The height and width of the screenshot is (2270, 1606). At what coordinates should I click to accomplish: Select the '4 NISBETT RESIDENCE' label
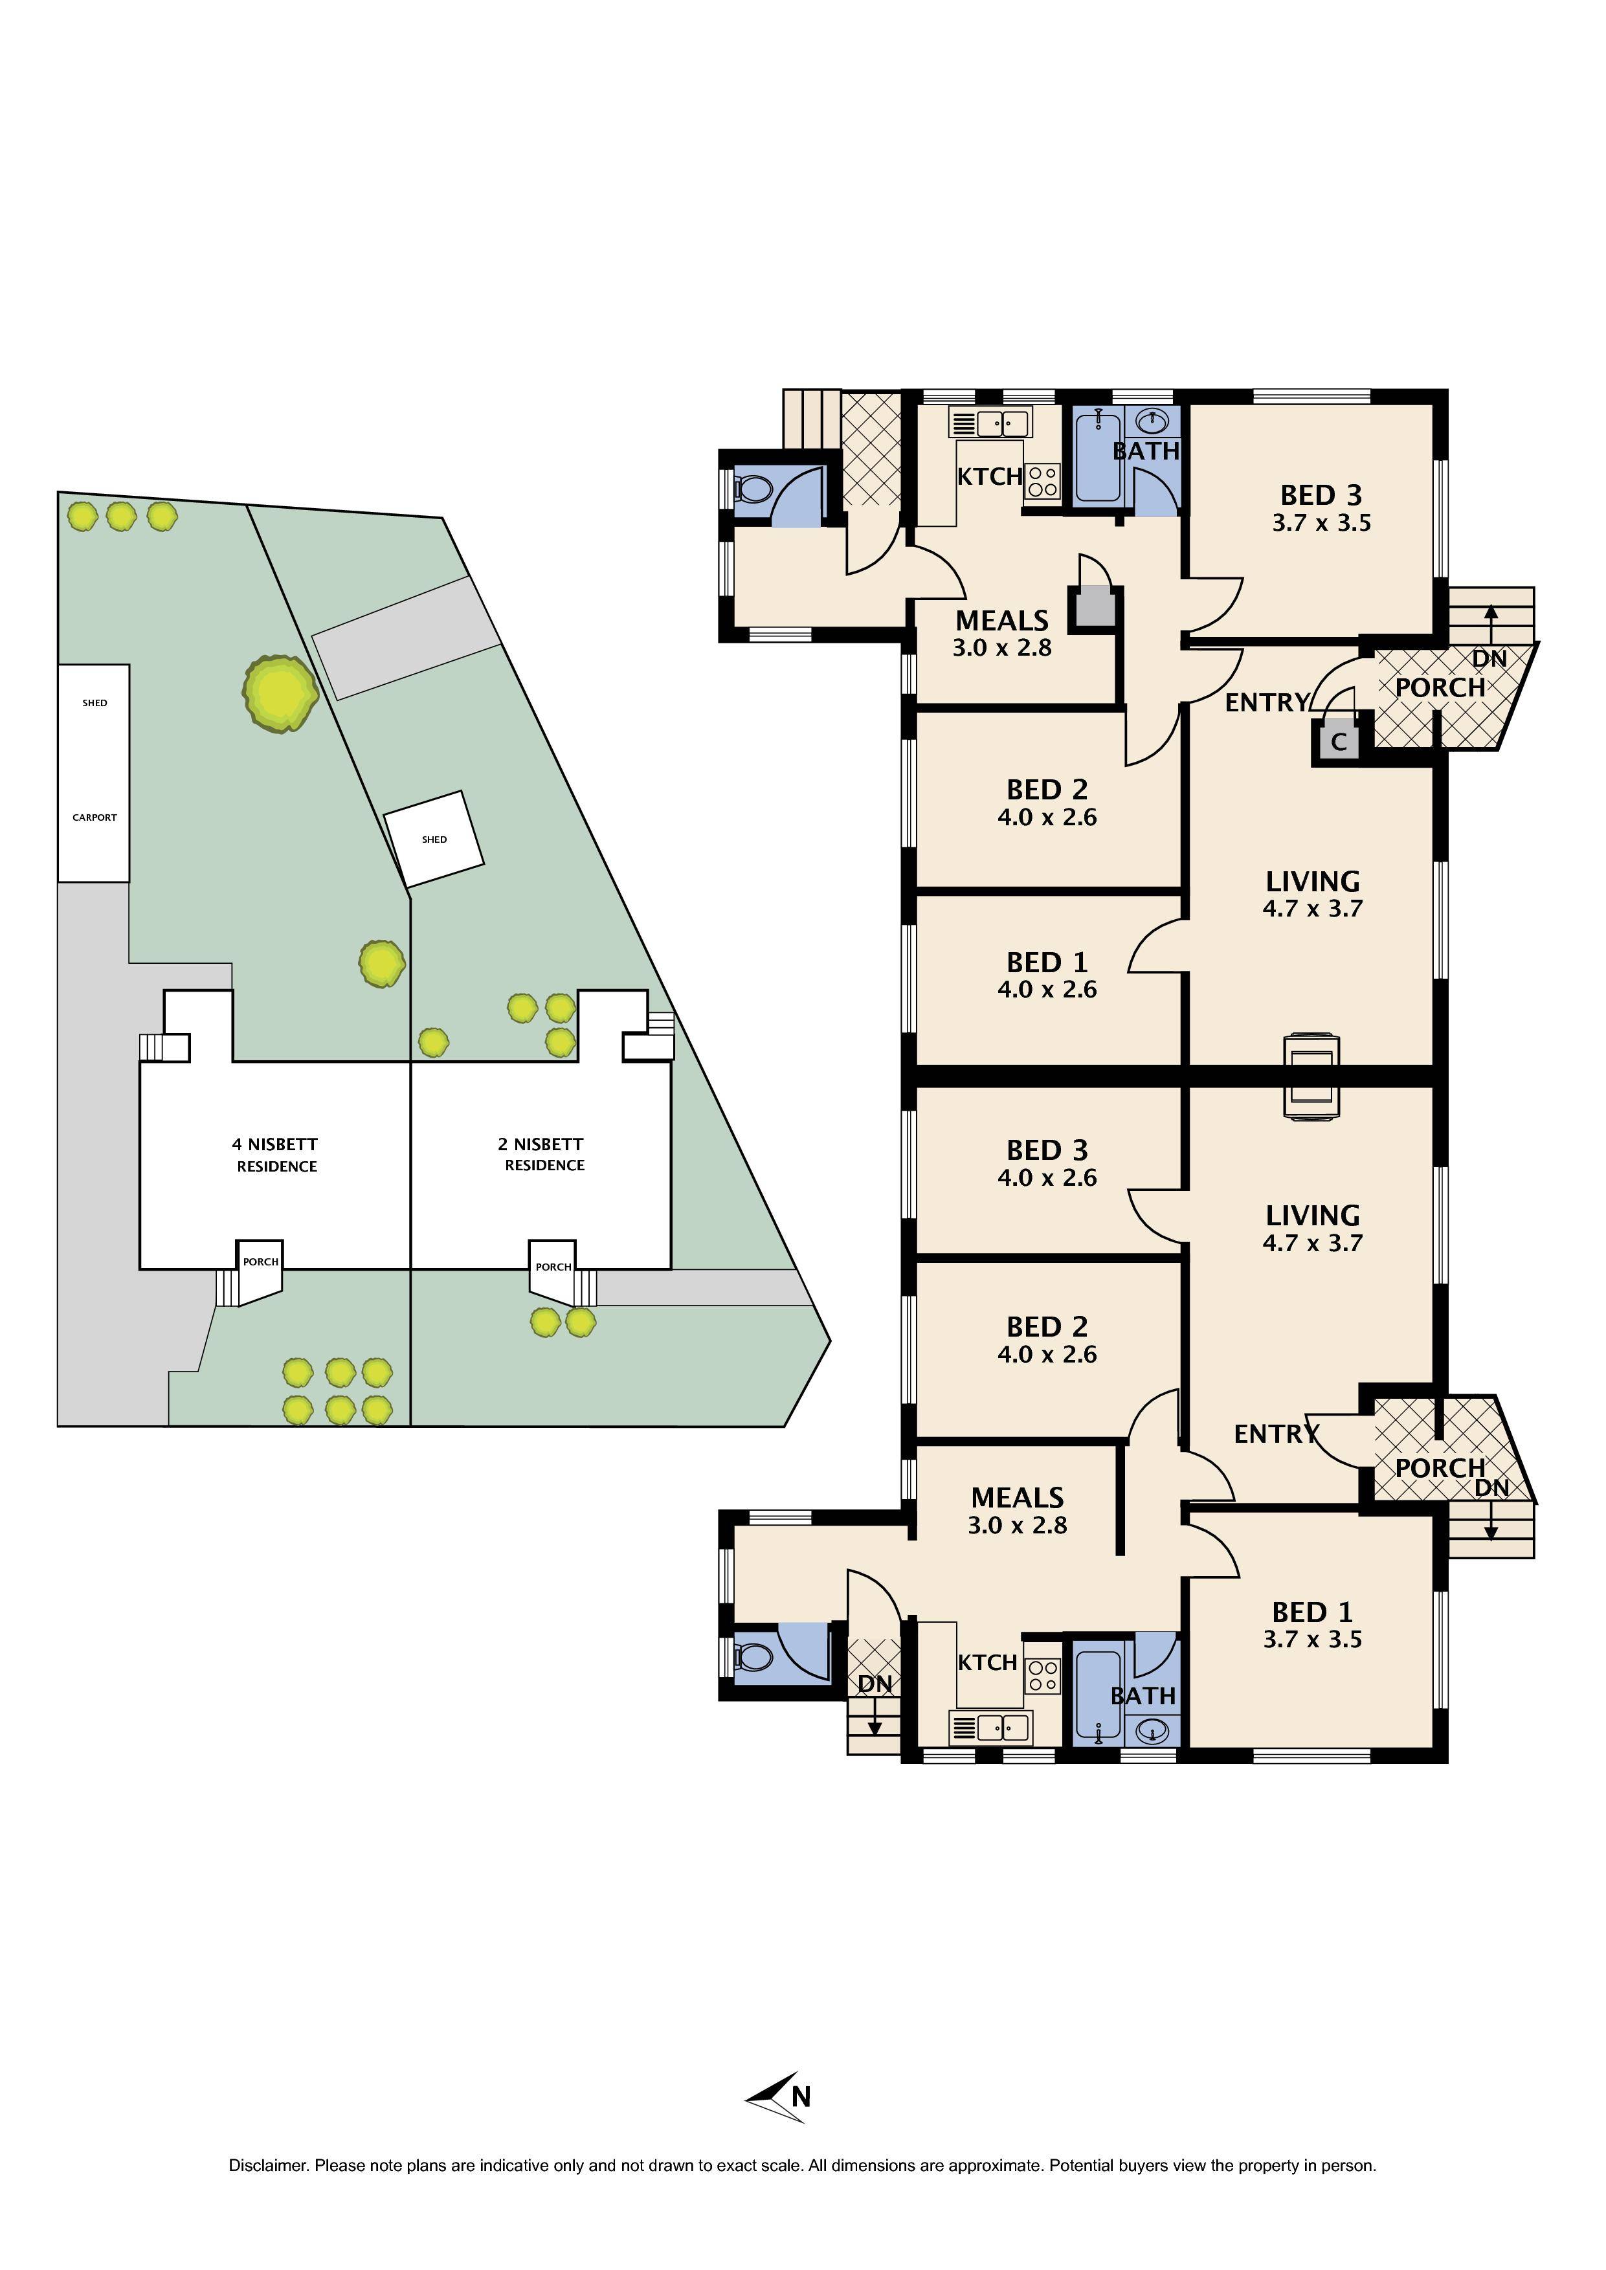[x=276, y=1155]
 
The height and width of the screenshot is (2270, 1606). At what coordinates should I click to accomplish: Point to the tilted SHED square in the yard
[x=434, y=838]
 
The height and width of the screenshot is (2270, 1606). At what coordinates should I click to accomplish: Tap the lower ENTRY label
[x=1276, y=1434]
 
